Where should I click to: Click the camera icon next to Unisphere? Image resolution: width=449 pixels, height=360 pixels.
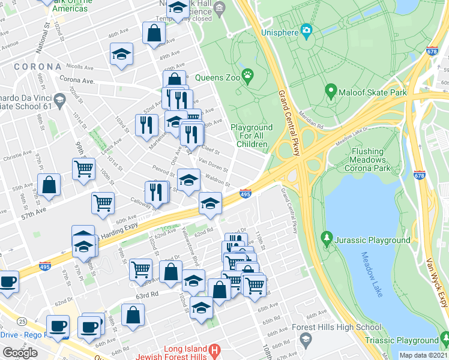(x=307, y=30)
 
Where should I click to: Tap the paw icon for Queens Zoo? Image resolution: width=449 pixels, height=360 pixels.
(x=247, y=76)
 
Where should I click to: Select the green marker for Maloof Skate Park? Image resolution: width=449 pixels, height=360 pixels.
(x=330, y=92)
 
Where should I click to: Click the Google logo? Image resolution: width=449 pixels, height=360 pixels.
(x=20, y=352)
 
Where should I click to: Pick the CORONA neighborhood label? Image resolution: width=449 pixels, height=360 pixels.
(x=38, y=67)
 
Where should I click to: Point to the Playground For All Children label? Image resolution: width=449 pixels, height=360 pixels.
(x=252, y=136)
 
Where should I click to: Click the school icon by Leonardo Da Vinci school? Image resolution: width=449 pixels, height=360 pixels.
(x=59, y=100)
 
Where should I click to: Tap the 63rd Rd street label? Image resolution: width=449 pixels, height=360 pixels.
(x=146, y=295)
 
